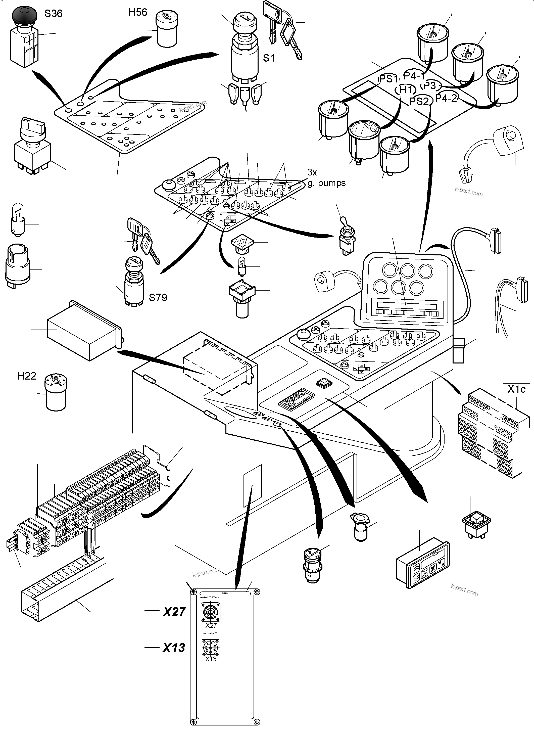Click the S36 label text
tap(53, 14)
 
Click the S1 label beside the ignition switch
tap(269, 58)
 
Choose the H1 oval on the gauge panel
tap(405, 89)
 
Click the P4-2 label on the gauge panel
tap(446, 98)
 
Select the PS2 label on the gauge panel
tap(419, 102)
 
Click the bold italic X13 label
tap(174, 648)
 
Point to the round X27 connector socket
tap(210, 612)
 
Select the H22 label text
tap(27, 376)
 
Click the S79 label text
tap(158, 297)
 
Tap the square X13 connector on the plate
tap(210, 647)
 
